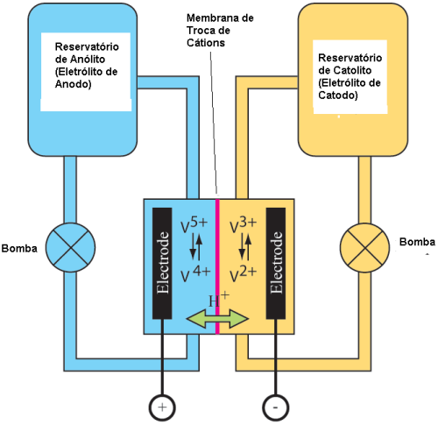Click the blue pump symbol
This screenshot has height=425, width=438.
pyautogui.click(x=70, y=248)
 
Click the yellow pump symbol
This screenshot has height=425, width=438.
pyautogui.click(x=365, y=248)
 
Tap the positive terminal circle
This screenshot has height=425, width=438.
pyautogui.click(x=162, y=407)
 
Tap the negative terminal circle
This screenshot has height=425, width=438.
pyautogui.click(x=276, y=407)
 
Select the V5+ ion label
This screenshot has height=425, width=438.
pyautogui.click(x=194, y=225)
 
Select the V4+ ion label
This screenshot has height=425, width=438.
pyautogui.click(x=195, y=274)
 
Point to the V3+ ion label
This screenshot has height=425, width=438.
pyautogui.click(x=244, y=225)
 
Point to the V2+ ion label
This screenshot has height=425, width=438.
pyautogui.click(x=244, y=274)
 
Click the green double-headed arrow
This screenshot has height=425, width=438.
pyautogui.click(x=217, y=319)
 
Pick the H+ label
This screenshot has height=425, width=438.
pyautogui.click(x=219, y=300)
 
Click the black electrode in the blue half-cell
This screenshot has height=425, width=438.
pyautogui.click(x=162, y=263)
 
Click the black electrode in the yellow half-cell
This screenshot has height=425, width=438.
pyautogui.click(x=276, y=263)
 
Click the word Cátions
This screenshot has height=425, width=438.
pyautogui.click(x=206, y=43)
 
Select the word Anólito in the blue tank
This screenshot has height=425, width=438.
pyautogui.click(x=87, y=59)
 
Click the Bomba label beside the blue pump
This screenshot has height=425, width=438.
pyautogui.click(x=19, y=248)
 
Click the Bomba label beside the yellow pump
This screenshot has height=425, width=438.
pyautogui.click(x=417, y=242)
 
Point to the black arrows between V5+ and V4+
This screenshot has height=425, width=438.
pyautogui.click(x=196, y=247)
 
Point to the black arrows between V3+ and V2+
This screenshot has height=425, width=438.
pyautogui.click(x=245, y=247)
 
